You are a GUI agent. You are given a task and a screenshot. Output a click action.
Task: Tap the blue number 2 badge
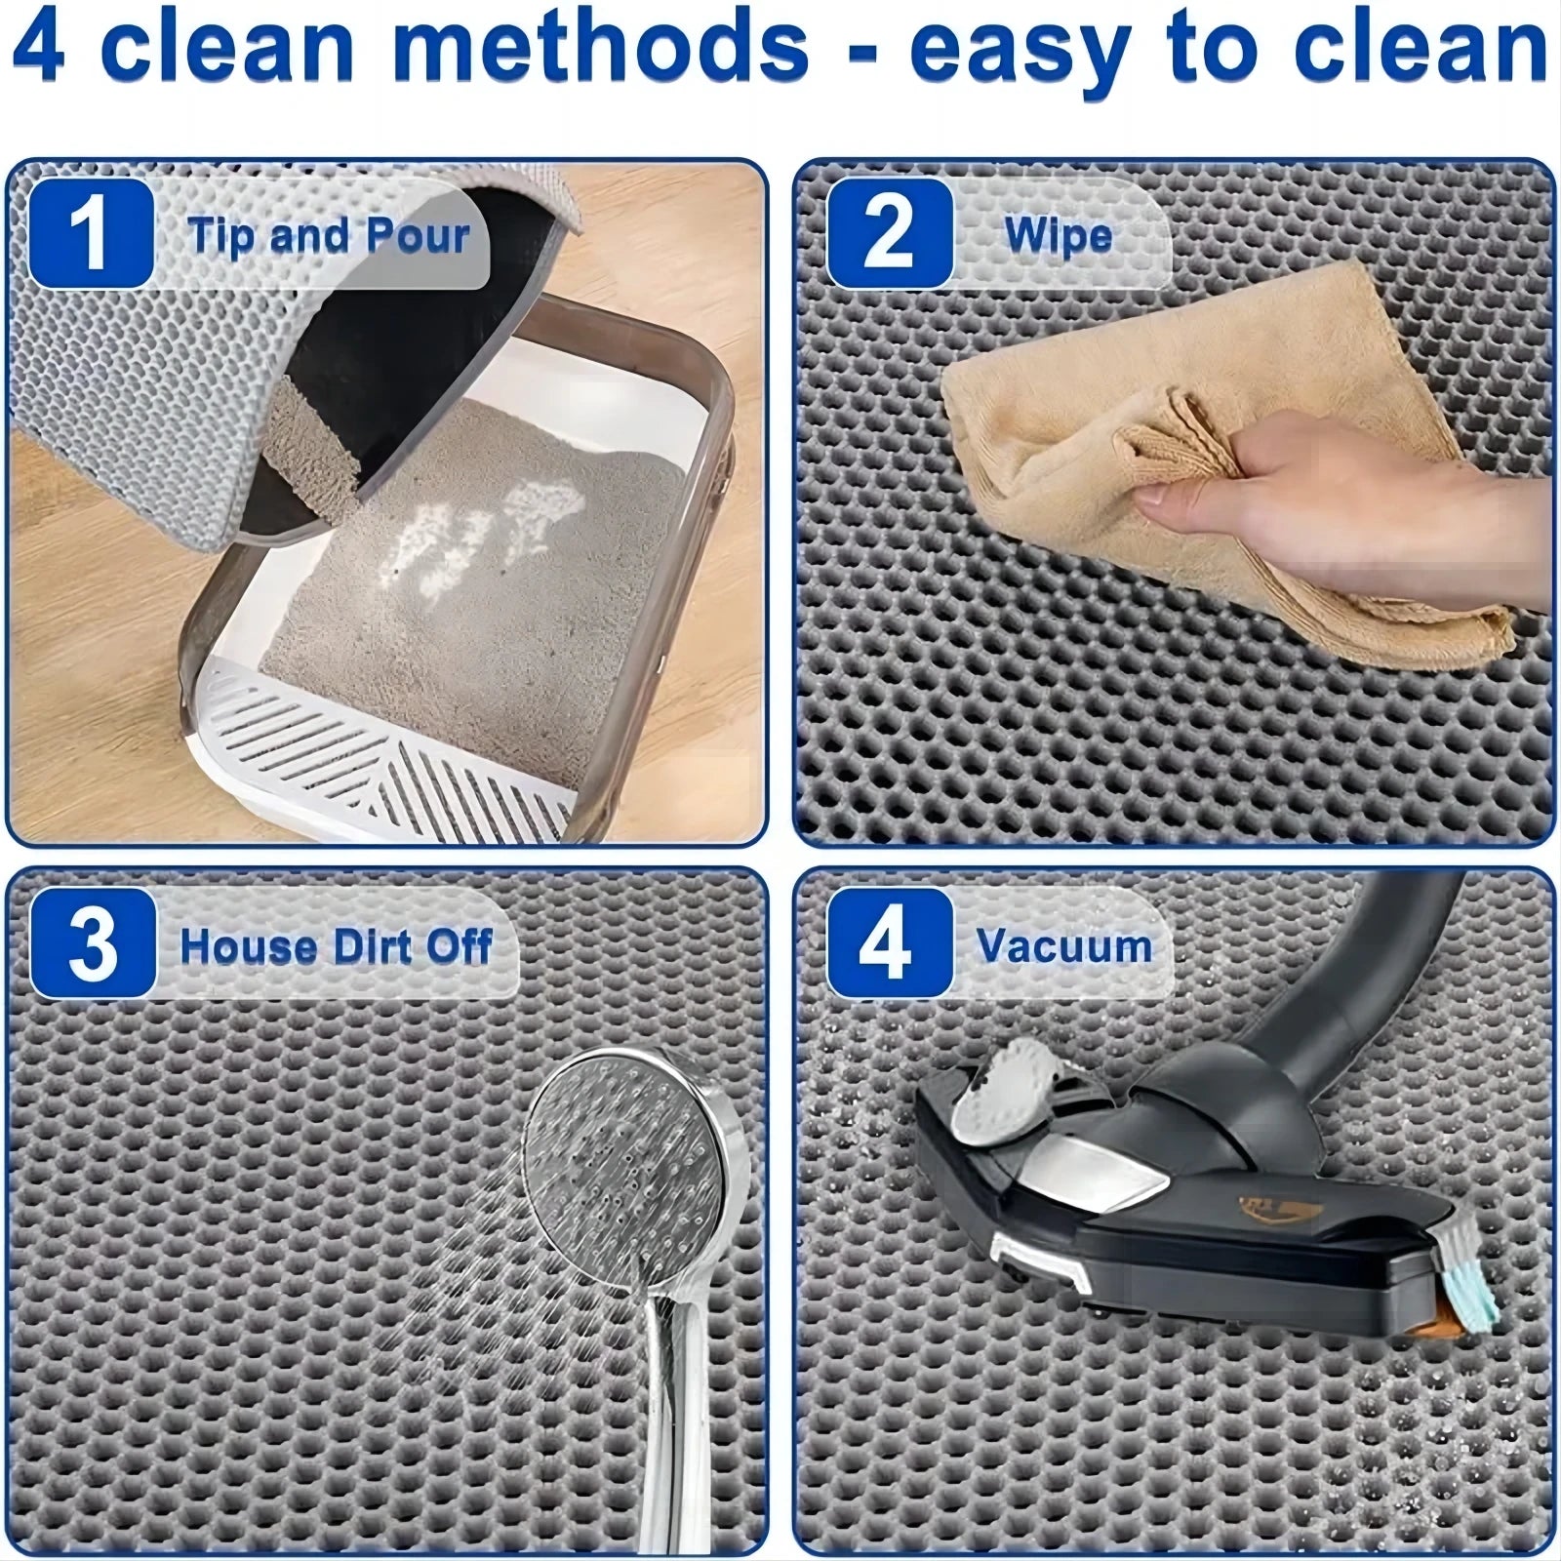tap(889, 234)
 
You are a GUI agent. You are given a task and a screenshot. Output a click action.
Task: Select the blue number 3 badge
tap(93, 943)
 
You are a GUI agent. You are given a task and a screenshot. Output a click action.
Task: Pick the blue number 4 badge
tap(889, 943)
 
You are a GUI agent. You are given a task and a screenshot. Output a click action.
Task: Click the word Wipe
tap(1058, 236)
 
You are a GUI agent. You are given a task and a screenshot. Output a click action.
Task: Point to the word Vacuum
tap(1064, 946)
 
